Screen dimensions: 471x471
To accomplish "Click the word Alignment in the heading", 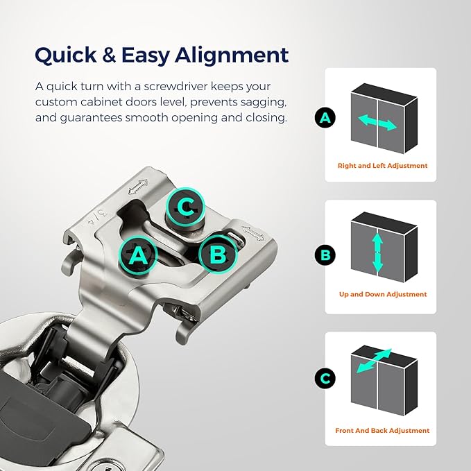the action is click(232, 56).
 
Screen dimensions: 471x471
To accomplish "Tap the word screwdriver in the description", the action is click(175, 87).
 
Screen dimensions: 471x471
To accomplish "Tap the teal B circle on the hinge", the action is click(218, 253).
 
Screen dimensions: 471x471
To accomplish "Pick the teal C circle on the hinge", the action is click(186, 207).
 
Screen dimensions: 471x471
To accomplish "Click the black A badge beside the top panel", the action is click(325, 117).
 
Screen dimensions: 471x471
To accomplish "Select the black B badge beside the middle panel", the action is click(325, 255).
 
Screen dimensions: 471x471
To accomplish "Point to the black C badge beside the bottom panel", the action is click(325, 378).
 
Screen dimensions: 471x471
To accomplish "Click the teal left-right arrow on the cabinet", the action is click(377, 122).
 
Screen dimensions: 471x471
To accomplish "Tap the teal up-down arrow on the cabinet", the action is click(377, 252).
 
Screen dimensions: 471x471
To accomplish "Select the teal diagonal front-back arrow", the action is click(374, 361).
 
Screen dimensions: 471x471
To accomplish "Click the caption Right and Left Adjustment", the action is click(382, 166).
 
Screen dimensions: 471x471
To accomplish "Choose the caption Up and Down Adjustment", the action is click(383, 294).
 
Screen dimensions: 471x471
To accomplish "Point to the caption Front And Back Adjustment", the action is click(382, 431).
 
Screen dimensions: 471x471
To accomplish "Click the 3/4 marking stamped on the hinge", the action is click(96, 218).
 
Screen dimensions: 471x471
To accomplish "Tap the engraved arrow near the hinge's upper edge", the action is click(138, 186).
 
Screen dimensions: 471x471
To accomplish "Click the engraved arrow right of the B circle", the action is click(253, 233).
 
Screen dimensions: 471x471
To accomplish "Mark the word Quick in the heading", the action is click(66, 55).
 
